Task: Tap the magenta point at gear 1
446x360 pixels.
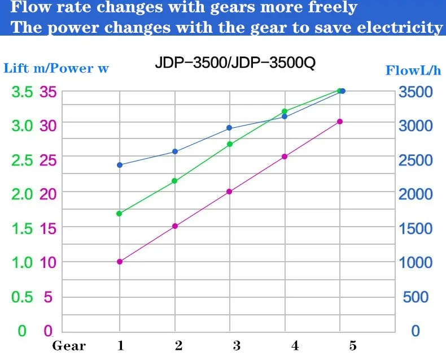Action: (x=120, y=262)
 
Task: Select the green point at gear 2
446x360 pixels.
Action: (x=174, y=181)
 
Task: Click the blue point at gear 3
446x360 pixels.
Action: (x=229, y=128)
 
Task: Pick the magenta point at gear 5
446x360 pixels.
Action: (x=340, y=122)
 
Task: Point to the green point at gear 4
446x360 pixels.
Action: (x=285, y=111)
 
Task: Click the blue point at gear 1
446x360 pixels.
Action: (x=120, y=165)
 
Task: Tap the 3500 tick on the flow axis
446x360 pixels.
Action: (x=416, y=92)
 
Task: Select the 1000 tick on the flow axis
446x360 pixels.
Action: (x=416, y=262)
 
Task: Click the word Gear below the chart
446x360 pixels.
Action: (x=69, y=345)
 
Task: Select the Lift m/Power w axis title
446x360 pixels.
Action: (x=56, y=69)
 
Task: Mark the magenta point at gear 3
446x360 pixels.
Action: (x=229, y=192)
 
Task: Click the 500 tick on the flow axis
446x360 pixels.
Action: (x=416, y=297)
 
